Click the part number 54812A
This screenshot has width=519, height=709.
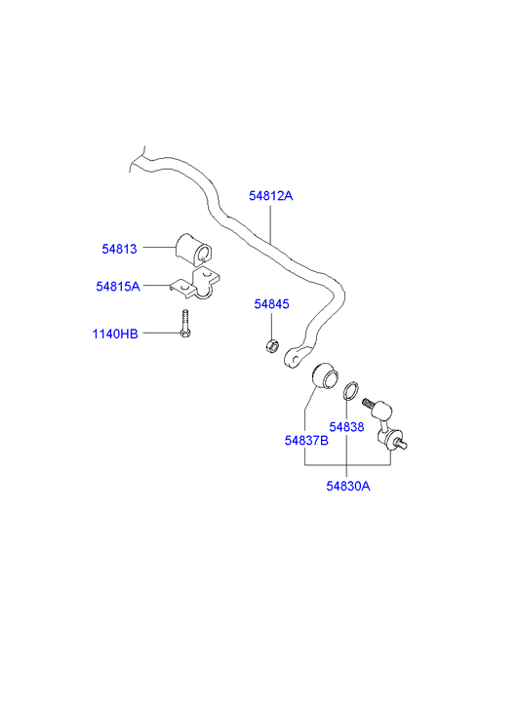pos(270,196)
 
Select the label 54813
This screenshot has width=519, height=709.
pos(119,249)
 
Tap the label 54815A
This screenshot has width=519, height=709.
pos(118,286)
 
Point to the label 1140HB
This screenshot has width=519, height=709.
pos(115,334)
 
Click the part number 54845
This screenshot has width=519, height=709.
pos(271,304)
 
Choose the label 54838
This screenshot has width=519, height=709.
pos(346,427)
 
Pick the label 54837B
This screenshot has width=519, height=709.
pos(306,440)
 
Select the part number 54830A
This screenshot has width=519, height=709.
pos(348,486)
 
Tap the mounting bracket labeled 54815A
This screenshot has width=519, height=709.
pos(195,284)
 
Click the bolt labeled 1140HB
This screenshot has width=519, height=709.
pos(185,324)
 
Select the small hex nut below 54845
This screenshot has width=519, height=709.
pos(271,347)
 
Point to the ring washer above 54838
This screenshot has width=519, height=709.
pos(351,391)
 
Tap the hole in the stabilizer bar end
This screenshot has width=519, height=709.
pos(295,360)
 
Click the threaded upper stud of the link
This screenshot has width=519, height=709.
pos(369,403)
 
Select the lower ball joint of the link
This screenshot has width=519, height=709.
pos(392,439)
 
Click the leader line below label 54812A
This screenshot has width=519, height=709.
pos(270,224)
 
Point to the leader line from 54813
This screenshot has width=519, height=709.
pos(159,248)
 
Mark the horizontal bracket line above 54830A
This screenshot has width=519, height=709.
pos(347,465)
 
